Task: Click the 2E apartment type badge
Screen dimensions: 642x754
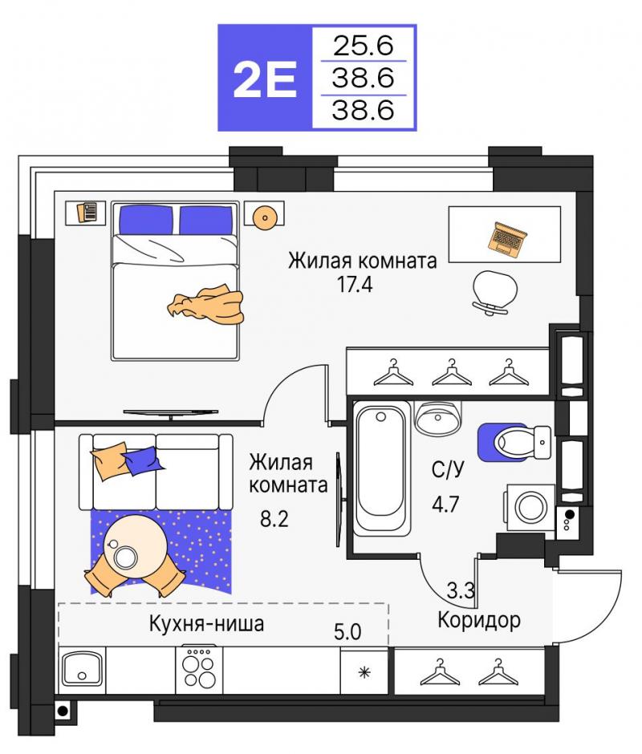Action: tap(265, 78)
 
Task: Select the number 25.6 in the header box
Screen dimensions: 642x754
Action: tap(364, 45)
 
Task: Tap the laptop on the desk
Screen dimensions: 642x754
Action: tap(506, 238)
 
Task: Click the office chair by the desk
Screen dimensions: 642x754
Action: tap(494, 292)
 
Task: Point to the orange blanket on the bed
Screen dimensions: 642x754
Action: tap(207, 304)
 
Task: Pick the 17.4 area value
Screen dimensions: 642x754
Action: tap(354, 284)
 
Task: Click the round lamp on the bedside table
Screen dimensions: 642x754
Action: tap(265, 217)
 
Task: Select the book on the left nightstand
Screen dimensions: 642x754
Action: tap(87, 212)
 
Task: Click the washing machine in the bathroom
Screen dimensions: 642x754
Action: tap(529, 507)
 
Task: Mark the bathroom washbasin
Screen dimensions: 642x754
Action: tap(438, 417)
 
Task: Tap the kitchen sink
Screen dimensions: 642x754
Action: tap(81, 669)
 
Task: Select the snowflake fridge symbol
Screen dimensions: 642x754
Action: tap(365, 672)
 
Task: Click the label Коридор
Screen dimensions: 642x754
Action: tap(479, 620)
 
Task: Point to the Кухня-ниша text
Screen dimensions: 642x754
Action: tap(206, 624)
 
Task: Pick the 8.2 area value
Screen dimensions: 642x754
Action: tap(274, 519)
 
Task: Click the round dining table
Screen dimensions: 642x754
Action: tap(136, 547)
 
